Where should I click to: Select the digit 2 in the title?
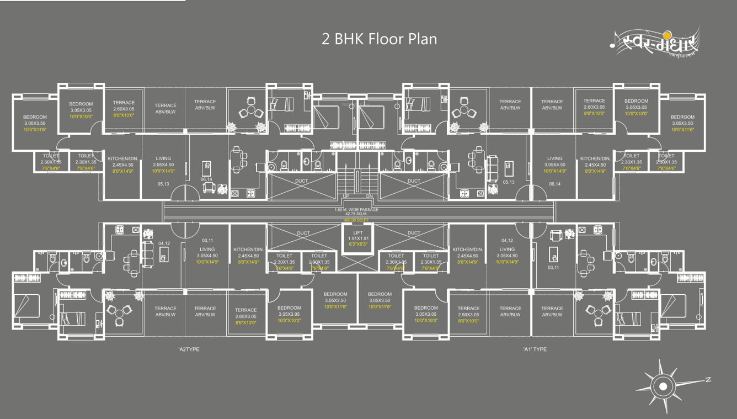coord(325,39)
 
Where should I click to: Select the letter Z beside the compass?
coord(707,380)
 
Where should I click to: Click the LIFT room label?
coord(358,233)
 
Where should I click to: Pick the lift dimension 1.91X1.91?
coord(358,238)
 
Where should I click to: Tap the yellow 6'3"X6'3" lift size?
coord(358,244)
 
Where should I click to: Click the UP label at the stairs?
coord(346,197)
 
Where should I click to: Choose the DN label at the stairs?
coord(370,197)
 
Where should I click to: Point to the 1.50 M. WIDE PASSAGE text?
coord(356,210)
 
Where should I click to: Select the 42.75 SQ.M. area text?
coord(356,214)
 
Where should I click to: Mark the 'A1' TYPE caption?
coord(535,349)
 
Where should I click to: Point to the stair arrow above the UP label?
coord(346,188)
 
